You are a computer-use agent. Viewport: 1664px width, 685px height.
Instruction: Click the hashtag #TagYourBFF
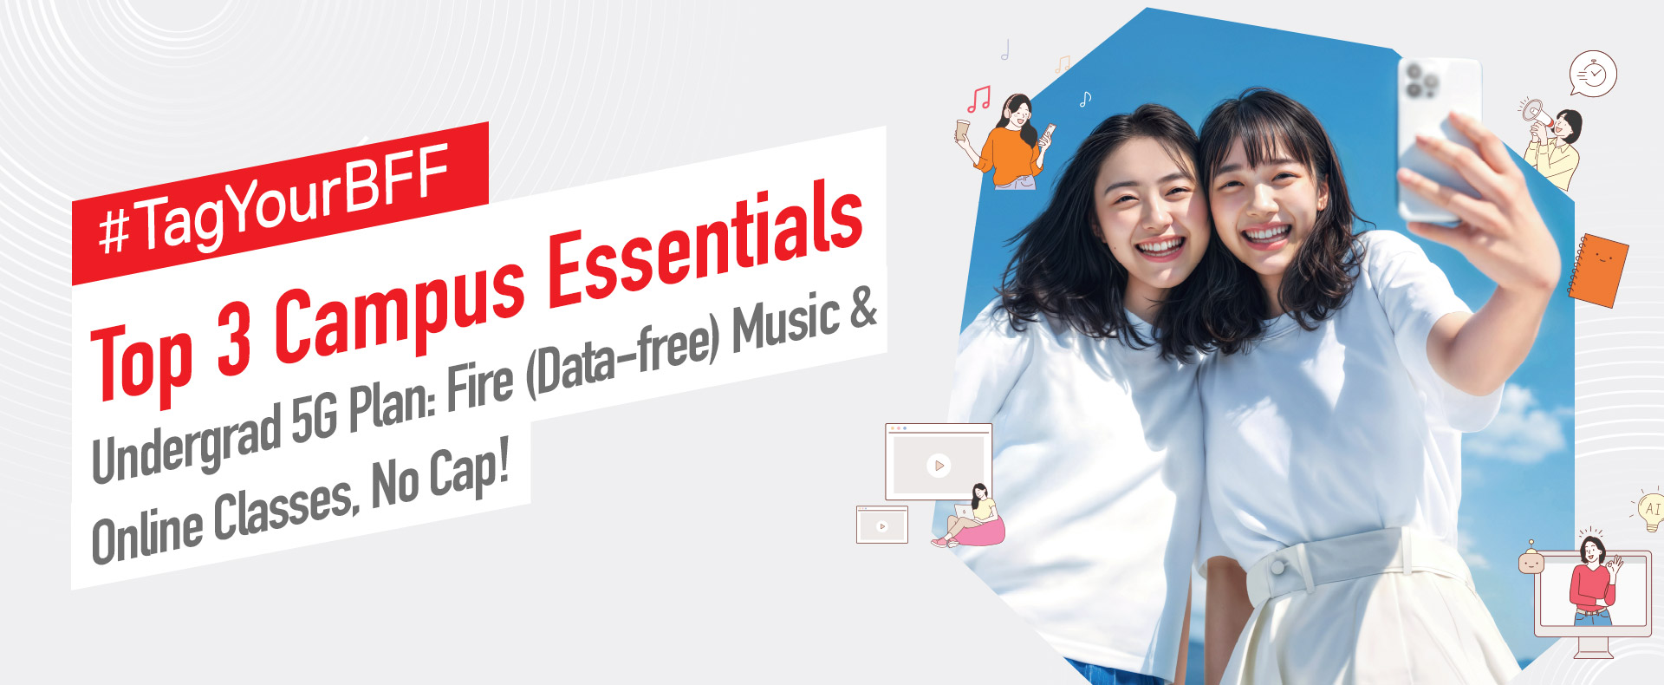tap(274, 200)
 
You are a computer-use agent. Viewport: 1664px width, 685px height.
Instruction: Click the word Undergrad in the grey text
tap(185, 440)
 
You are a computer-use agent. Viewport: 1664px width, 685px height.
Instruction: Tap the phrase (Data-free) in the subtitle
tap(624, 356)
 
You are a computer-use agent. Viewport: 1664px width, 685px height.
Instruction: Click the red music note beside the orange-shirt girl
tap(978, 99)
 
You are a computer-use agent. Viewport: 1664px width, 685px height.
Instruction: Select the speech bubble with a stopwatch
tap(1593, 74)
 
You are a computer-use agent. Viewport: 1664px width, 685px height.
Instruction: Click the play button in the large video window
tap(938, 466)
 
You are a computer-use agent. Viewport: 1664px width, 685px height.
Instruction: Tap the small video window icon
tap(881, 525)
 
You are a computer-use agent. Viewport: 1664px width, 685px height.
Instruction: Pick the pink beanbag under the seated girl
tap(978, 532)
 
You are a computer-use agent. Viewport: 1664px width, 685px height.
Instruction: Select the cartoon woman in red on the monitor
tap(1593, 581)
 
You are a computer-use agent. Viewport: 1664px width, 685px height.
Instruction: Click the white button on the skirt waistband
tap(1278, 566)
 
